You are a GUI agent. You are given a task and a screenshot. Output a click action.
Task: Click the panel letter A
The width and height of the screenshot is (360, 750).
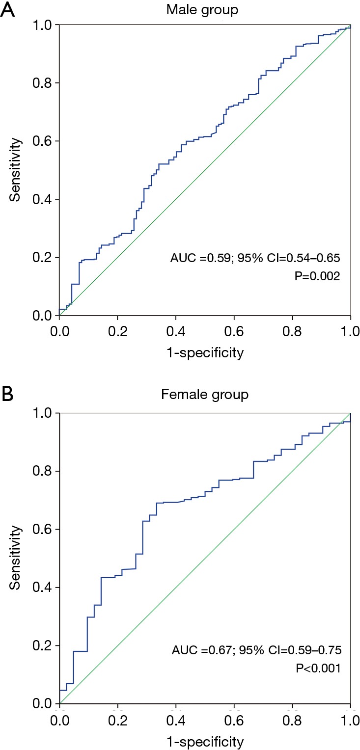pos(8,10)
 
